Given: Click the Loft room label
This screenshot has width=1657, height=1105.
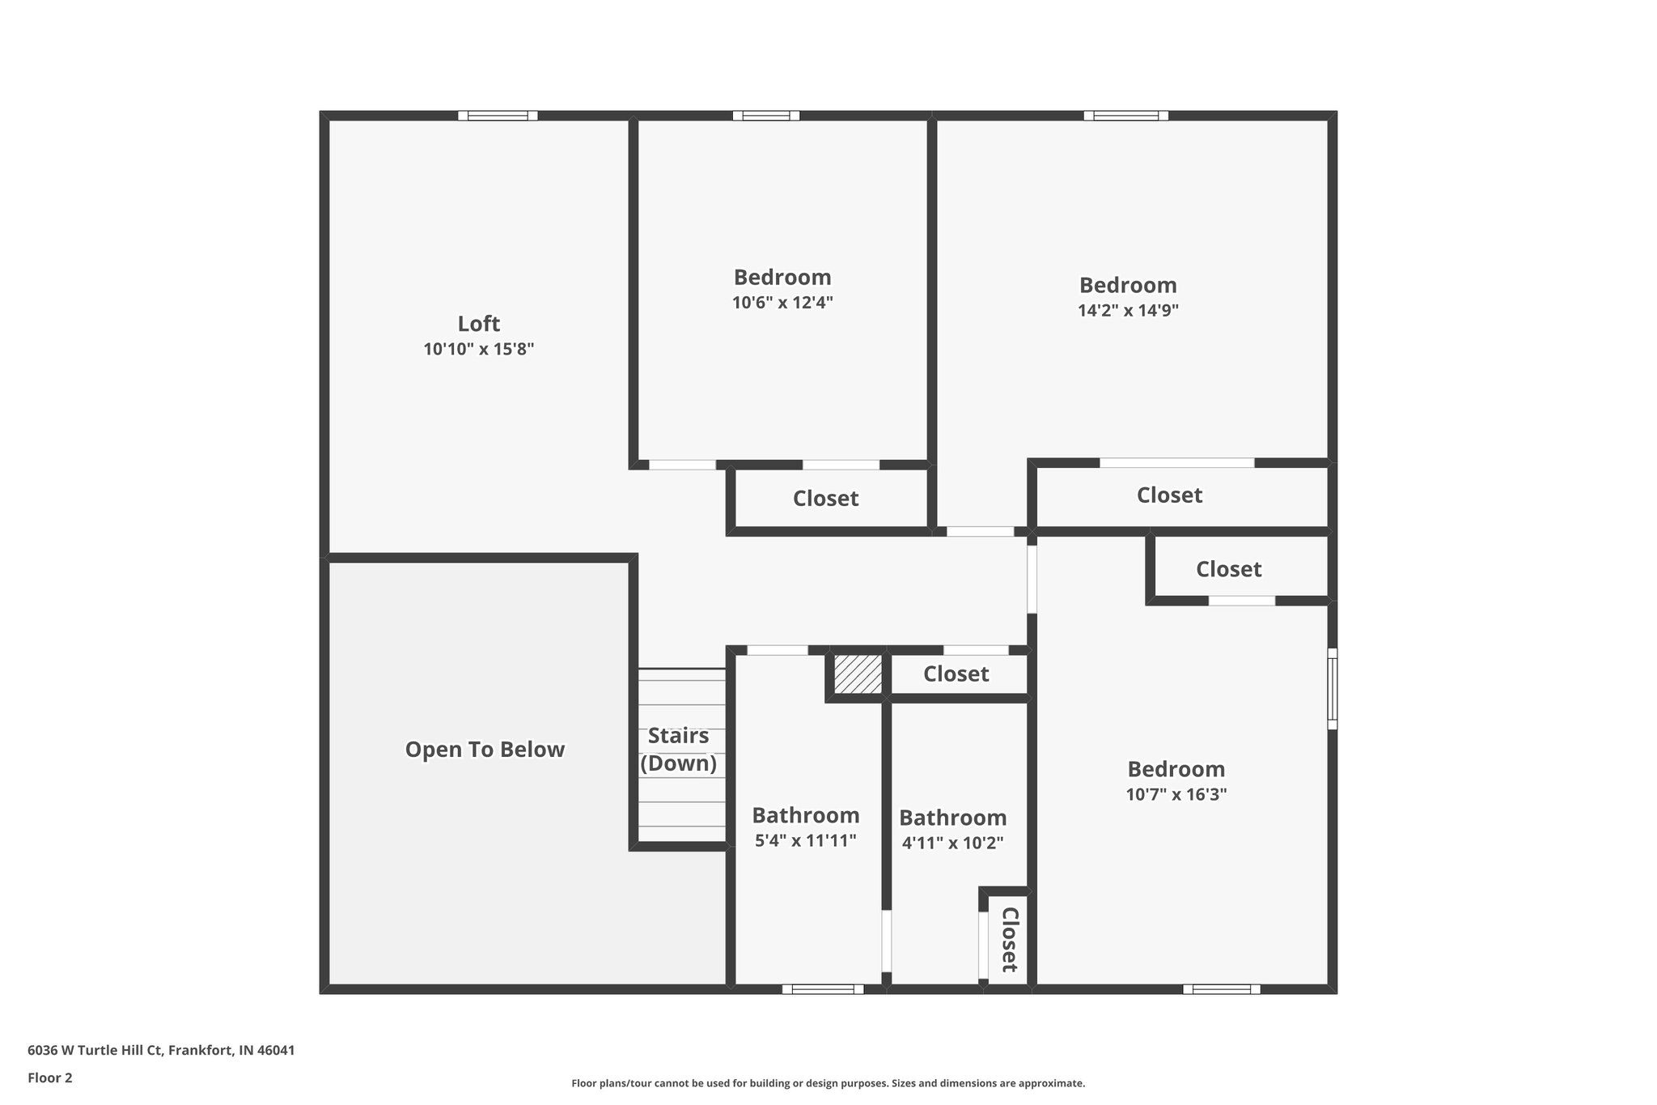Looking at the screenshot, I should click(478, 324).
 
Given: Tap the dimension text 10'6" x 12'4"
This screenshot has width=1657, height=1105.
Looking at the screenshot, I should click(782, 303).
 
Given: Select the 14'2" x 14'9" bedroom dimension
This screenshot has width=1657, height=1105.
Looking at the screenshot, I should click(1128, 311).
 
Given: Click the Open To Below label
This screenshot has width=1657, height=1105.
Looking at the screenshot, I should click(485, 750).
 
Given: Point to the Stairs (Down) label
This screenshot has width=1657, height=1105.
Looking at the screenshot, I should click(678, 750).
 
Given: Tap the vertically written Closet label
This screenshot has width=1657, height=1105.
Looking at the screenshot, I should click(1009, 939).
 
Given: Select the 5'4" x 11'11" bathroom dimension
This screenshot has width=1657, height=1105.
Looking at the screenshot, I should click(805, 841).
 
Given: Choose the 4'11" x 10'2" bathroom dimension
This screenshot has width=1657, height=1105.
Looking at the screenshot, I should click(952, 844).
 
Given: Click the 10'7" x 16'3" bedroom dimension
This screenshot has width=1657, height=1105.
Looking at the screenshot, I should click(1176, 795).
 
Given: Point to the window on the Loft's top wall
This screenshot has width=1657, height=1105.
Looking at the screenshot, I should click(498, 116).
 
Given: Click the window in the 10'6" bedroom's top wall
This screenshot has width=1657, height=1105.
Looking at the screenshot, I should click(766, 116).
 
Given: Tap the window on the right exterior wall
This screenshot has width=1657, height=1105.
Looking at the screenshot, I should click(1332, 688).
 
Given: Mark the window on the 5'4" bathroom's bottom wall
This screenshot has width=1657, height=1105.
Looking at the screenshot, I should click(823, 988).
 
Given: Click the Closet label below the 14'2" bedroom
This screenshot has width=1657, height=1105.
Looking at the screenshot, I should click(1169, 495).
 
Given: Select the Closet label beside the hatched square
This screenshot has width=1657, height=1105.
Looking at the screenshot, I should click(956, 674).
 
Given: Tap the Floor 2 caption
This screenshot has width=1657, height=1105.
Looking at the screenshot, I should click(50, 1077).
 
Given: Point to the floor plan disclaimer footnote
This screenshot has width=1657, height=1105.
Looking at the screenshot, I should click(828, 1083).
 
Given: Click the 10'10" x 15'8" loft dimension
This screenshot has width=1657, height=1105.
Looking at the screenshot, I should click(478, 350).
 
